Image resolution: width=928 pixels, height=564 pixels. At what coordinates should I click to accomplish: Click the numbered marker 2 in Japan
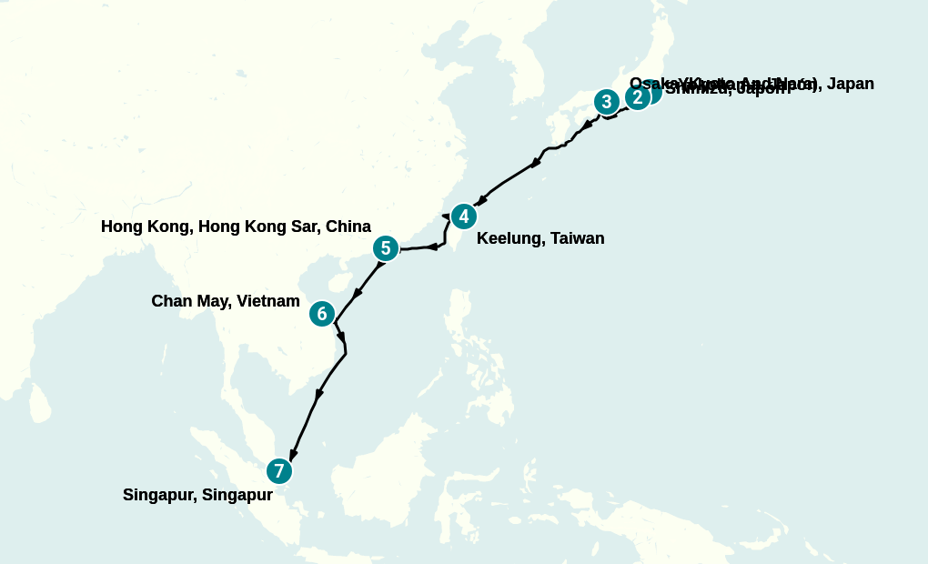pos(638,97)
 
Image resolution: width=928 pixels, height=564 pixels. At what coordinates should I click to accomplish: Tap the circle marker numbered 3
pos(607,102)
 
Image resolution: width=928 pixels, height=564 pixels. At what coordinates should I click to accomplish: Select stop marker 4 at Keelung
pos(464,217)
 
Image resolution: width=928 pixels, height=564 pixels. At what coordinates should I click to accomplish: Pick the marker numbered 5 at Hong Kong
pos(386,247)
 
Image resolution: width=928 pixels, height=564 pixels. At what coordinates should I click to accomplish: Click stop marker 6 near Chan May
pos(322,314)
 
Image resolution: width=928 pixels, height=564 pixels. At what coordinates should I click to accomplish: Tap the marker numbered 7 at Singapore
pos(279,471)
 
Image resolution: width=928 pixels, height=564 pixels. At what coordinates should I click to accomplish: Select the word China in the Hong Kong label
pos(349,227)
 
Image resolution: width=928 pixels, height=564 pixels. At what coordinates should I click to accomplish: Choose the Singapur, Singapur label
pos(197,496)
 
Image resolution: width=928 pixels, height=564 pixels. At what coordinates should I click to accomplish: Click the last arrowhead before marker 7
pos(292,453)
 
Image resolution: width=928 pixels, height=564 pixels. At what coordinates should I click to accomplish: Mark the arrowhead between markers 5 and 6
pos(358,293)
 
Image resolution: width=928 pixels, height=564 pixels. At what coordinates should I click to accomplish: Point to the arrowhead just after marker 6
pos(342,337)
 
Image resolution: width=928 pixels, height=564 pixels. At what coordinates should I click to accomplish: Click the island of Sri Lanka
pos(39,403)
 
